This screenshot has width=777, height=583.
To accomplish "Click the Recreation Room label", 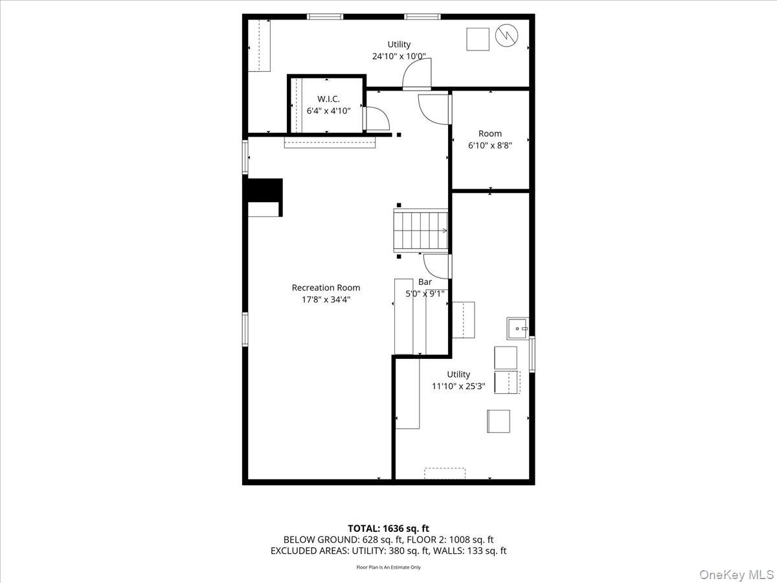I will coord(326,288).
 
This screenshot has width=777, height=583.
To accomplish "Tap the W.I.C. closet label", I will coord(328,98).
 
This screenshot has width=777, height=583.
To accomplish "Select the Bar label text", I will coord(425,282).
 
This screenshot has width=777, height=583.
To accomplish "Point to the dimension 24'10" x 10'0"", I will coord(399,56).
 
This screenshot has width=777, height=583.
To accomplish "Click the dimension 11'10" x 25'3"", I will coord(459,386).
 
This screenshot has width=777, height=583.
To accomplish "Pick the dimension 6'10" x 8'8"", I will coord(490,145).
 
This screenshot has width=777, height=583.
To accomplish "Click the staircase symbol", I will coord(421,230).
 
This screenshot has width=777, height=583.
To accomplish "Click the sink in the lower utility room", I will coord(518,328).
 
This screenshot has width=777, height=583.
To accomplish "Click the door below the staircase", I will coord(437,266).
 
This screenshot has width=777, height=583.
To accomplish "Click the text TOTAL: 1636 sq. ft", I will coord(388,528).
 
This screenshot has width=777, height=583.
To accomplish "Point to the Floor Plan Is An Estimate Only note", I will coord(388,567).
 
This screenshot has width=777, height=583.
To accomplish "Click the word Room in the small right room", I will coord(490,133).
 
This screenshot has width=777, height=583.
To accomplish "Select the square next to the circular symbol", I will coord(478,39).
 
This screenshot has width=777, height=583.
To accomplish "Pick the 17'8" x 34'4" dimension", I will coord(326,299).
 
